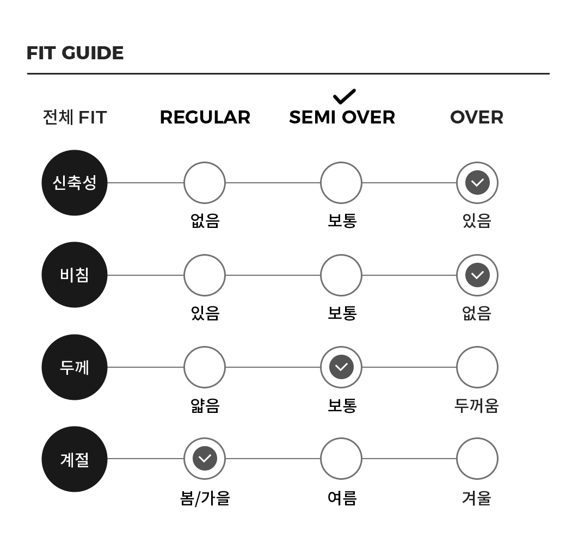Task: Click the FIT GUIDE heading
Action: coord(75,53)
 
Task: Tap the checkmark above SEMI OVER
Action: coord(344,96)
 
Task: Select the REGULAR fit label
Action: coord(205,118)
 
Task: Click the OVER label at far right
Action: coord(477,118)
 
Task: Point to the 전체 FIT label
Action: coord(75,118)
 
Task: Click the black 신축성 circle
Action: coord(75,183)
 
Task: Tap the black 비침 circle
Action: coord(75,275)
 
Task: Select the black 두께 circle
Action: coord(75,367)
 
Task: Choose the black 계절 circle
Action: coord(75,459)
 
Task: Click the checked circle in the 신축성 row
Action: coord(477,183)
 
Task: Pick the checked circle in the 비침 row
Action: coord(477,275)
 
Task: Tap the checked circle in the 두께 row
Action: coord(341,367)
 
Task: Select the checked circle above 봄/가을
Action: coord(205,459)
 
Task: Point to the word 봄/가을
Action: coord(205,498)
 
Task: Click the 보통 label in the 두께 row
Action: coord(342,405)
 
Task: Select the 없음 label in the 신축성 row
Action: coord(205,220)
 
